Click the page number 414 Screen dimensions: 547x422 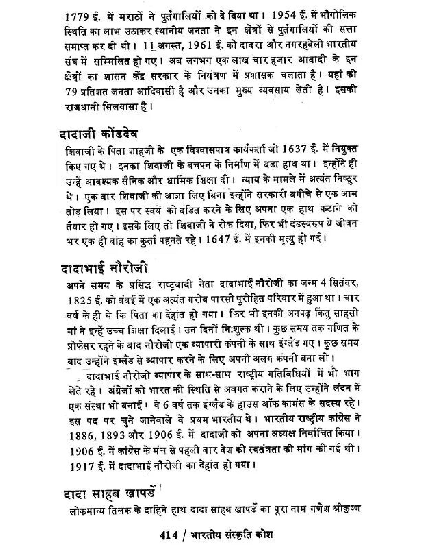169,534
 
